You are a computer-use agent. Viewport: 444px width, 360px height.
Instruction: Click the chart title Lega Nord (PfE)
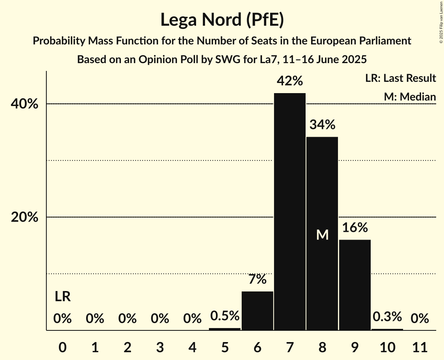pyautogui.click(x=222, y=20)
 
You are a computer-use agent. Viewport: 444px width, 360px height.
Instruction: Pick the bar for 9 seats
pyautogui.click(x=354, y=285)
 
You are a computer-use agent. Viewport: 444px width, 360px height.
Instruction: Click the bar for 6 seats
pyautogui.click(x=257, y=311)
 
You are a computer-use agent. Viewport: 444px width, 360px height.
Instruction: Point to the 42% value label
pyautogui.click(x=290, y=81)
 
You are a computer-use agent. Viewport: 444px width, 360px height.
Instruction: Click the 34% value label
pyautogui.click(x=322, y=125)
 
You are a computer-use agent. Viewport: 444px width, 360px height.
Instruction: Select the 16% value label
pyautogui.click(x=354, y=228)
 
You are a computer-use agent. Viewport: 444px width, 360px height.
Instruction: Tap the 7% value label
pyautogui.click(x=257, y=279)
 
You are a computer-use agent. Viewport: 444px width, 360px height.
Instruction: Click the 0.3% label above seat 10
pyautogui.click(x=387, y=317)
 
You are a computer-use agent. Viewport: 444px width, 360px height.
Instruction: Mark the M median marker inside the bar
pyautogui.click(x=322, y=235)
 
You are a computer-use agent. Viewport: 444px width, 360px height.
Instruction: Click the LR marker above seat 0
pyautogui.click(x=62, y=297)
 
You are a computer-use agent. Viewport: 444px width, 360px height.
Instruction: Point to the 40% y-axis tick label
pyautogui.click(x=25, y=104)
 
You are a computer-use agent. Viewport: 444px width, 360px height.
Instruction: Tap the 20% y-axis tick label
pyautogui.click(x=25, y=217)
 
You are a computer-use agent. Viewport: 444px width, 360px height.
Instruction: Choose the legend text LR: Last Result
pyautogui.click(x=400, y=78)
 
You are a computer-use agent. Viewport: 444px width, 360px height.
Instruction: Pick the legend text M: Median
pyautogui.click(x=410, y=97)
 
